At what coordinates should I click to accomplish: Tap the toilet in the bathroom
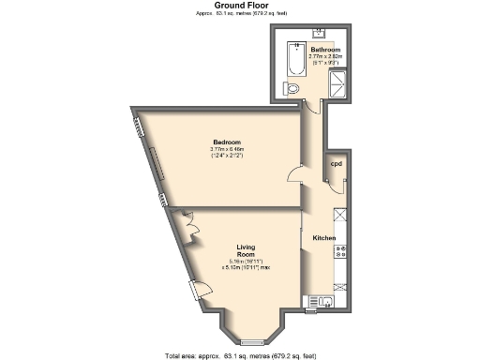pyautogui.click(x=293, y=89)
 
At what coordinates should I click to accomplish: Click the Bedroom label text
pyautogui.click(x=226, y=142)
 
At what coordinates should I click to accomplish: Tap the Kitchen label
pyautogui.click(x=323, y=240)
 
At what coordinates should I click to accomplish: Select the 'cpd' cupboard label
pyautogui.click(x=335, y=163)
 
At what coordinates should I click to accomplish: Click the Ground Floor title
pyautogui.click(x=241, y=6)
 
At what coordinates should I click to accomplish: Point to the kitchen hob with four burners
pyautogui.click(x=342, y=251)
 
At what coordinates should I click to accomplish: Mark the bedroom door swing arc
pyautogui.click(x=295, y=173)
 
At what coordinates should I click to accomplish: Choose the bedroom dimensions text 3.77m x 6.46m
pyautogui.click(x=226, y=149)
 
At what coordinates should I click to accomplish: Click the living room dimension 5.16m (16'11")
pyautogui.click(x=246, y=262)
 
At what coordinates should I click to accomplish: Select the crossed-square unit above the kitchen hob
pyautogui.click(x=341, y=215)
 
